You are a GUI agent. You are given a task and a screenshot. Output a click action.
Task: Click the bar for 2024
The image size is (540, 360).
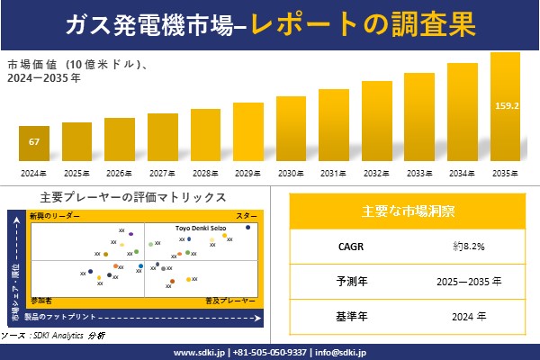pos(33,144)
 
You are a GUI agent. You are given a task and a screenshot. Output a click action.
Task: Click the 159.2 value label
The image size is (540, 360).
pos(507,105)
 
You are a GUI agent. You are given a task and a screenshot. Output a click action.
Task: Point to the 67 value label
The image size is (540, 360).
pos(33,142)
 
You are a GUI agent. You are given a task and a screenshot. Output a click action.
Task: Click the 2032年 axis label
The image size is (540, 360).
pos(376,173)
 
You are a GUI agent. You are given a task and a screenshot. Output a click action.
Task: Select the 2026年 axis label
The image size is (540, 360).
pos(119,173)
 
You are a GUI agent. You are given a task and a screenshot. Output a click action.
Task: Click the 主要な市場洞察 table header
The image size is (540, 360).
pos(408,211)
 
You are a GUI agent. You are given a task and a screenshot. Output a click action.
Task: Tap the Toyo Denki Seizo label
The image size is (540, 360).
pos(200,228)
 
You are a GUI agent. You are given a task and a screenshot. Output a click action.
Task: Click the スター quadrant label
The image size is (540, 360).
pos(247,217)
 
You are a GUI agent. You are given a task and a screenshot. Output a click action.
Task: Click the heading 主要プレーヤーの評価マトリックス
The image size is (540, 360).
pos(133,197)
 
